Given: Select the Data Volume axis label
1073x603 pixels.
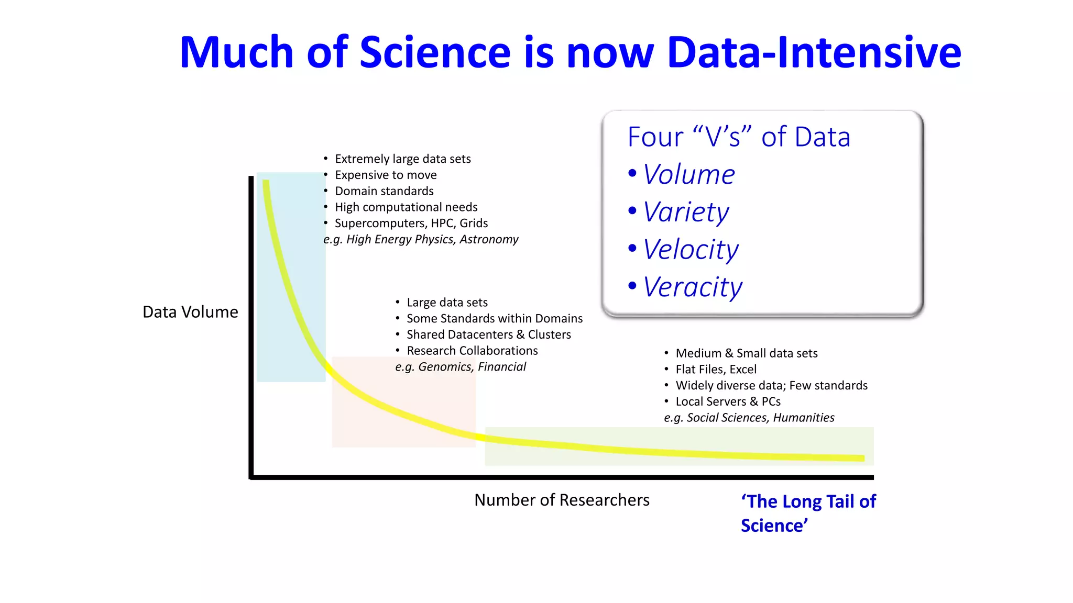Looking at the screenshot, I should point(190,312).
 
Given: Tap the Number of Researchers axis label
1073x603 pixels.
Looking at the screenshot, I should point(562,500).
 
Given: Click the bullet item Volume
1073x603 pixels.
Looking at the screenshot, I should point(688,174).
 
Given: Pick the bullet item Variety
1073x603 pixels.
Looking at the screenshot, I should point(685,212).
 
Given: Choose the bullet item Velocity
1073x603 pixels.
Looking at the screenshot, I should point(691,250).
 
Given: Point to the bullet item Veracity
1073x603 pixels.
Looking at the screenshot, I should point(692,287).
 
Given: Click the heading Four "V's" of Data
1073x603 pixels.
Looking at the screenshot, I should point(739,137).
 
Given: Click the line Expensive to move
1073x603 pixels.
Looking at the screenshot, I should point(386,175).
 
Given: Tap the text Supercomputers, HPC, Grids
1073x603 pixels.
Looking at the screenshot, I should point(411,223).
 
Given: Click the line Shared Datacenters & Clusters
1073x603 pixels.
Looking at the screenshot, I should point(488,334).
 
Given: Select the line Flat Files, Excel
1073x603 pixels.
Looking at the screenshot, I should point(716,370).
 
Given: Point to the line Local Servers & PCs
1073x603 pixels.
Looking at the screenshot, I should point(728,401).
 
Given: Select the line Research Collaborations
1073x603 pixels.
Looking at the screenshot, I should point(472,351).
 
